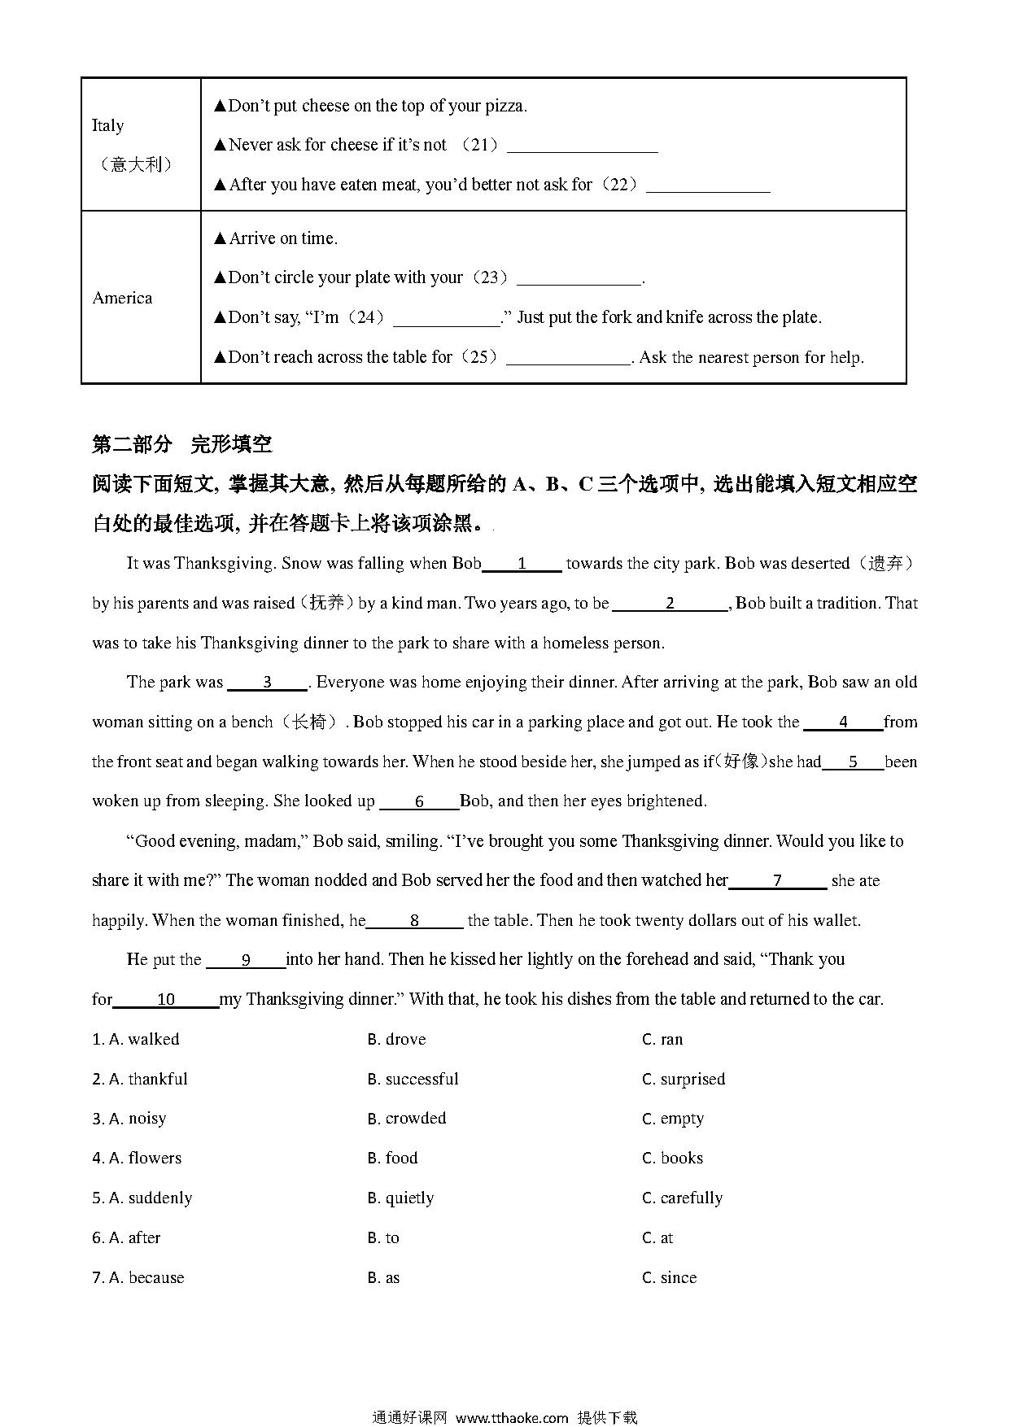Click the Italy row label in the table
pyautogui.click(x=107, y=125)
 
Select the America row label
pyautogui.click(x=122, y=298)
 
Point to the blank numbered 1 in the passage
pyautogui.click(x=522, y=564)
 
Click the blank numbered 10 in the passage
pyautogui.click(x=166, y=1000)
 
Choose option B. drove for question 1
pyautogui.click(x=396, y=1039)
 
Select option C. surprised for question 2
pyautogui.click(x=684, y=1079)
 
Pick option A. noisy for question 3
pyautogui.click(x=129, y=1119)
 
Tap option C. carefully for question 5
pyautogui.click(x=683, y=1198)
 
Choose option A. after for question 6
pyautogui.click(x=126, y=1237)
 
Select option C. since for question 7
pyautogui.click(x=670, y=1277)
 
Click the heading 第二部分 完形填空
pyautogui.click(x=182, y=444)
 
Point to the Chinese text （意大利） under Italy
pyautogui.click(x=137, y=164)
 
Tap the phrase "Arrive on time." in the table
pyautogui.click(x=282, y=238)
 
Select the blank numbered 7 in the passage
pyautogui.click(x=777, y=881)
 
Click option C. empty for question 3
pyautogui.click(x=673, y=1119)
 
